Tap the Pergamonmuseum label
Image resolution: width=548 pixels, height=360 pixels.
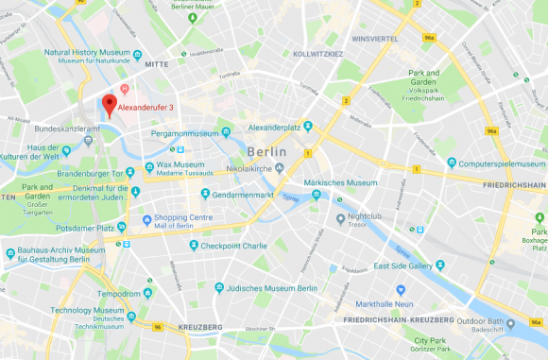click(187, 134)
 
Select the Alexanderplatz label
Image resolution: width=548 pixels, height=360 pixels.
click(274, 127)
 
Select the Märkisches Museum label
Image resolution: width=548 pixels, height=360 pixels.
click(341, 182)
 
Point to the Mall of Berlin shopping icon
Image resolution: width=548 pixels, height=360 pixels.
click(147, 219)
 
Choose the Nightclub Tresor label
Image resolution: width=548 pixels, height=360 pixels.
click(359, 220)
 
